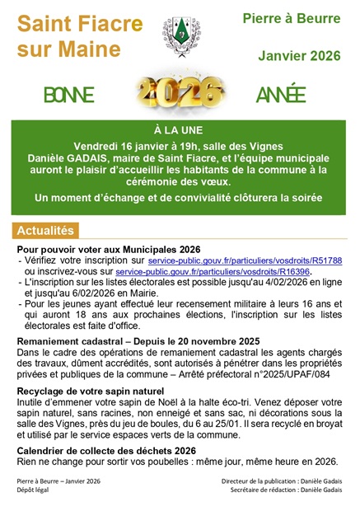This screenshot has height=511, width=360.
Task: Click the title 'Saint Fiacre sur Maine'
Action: (79, 37)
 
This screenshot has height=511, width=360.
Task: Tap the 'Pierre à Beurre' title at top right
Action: (292, 18)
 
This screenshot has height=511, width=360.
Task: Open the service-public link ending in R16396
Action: (212, 271)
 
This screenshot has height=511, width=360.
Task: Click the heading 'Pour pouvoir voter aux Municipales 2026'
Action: (109, 249)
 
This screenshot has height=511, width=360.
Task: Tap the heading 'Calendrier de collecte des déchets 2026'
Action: (106, 450)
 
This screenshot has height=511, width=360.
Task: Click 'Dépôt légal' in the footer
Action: (34, 490)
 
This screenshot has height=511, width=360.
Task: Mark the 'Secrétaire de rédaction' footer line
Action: (286, 490)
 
